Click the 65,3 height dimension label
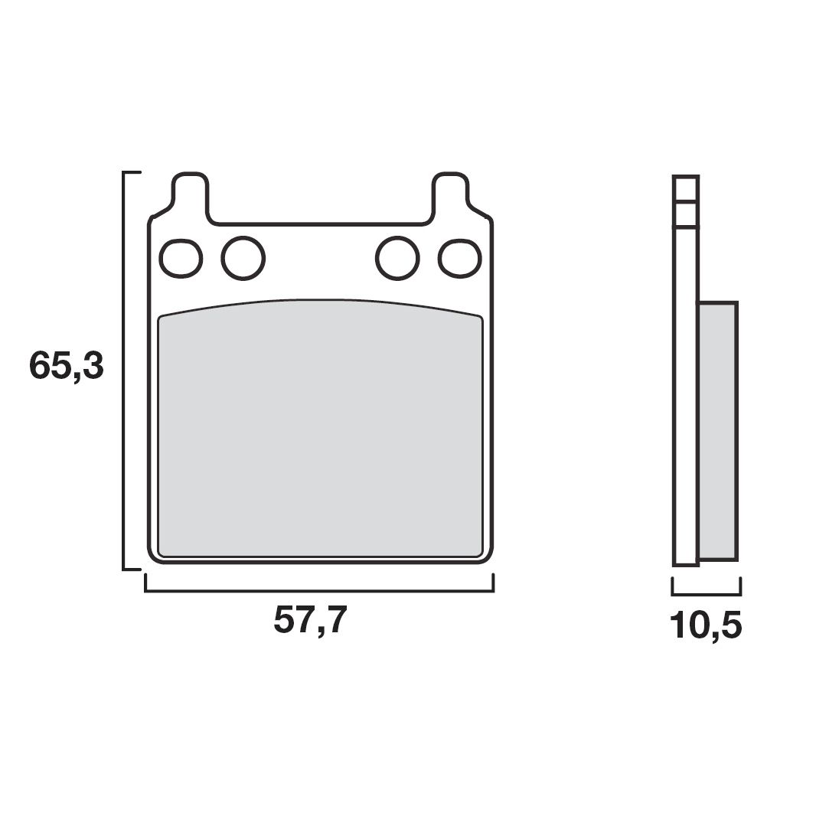click(x=67, y=367)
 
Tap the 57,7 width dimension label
click(x=310, y=620)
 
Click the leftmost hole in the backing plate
click(x=181, y=258)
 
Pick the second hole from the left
click(x=243, y=258)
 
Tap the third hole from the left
click(x=397, y=258)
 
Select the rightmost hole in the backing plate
click(x=460, y=258)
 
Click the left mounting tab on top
click(x=191, y=195)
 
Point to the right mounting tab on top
click(x=451, y=195)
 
